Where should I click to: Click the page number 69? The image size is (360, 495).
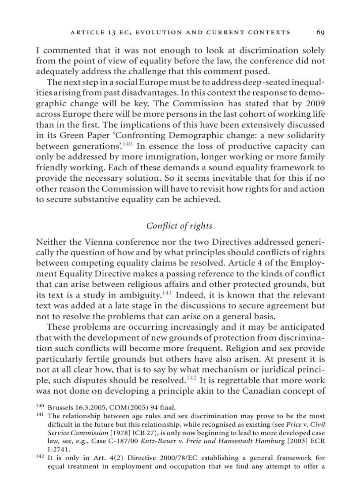[320, 32]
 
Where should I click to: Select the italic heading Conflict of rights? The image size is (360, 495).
[179, 226]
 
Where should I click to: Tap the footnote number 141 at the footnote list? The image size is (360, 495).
[40, 415]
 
